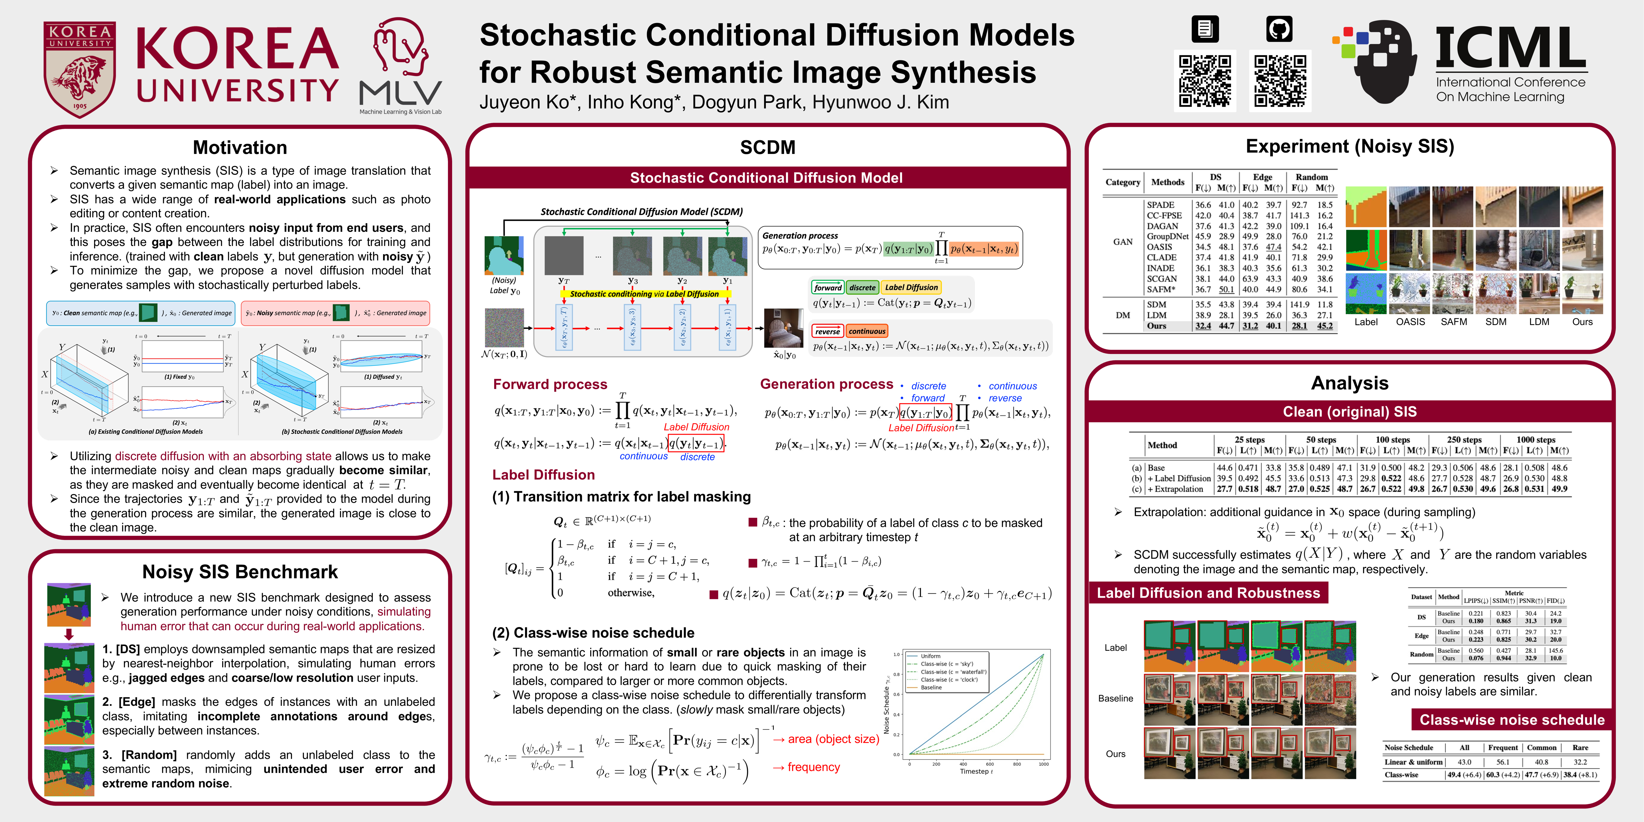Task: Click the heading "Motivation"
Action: point(240,147)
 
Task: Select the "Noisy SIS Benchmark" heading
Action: point(240,572)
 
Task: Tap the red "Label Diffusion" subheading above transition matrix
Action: point(543,474)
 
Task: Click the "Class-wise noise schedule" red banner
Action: point(1511,720)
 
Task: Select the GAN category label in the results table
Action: point(1123,242)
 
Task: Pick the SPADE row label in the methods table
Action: point(1160,205)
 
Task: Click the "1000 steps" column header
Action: point(1535,439)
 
